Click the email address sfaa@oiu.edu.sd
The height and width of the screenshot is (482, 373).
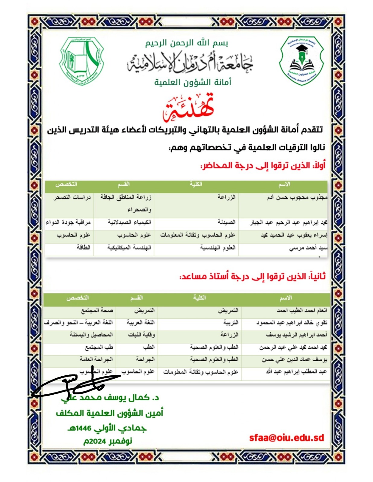286,437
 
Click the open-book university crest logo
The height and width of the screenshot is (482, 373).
81,61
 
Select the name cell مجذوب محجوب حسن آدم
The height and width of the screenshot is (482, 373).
297,198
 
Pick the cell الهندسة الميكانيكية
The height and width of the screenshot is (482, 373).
129,248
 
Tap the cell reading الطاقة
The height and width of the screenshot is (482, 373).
83,248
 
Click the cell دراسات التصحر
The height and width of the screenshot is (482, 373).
72,198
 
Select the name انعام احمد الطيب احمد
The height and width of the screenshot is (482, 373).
302,310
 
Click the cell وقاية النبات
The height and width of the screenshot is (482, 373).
141,335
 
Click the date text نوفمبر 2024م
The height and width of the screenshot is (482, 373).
108,441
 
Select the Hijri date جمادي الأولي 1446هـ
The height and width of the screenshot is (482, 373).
107,428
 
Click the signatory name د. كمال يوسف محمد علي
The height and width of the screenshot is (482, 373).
110,398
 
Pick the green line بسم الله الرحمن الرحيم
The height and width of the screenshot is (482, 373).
186,43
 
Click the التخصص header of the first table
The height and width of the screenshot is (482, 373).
66,184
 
